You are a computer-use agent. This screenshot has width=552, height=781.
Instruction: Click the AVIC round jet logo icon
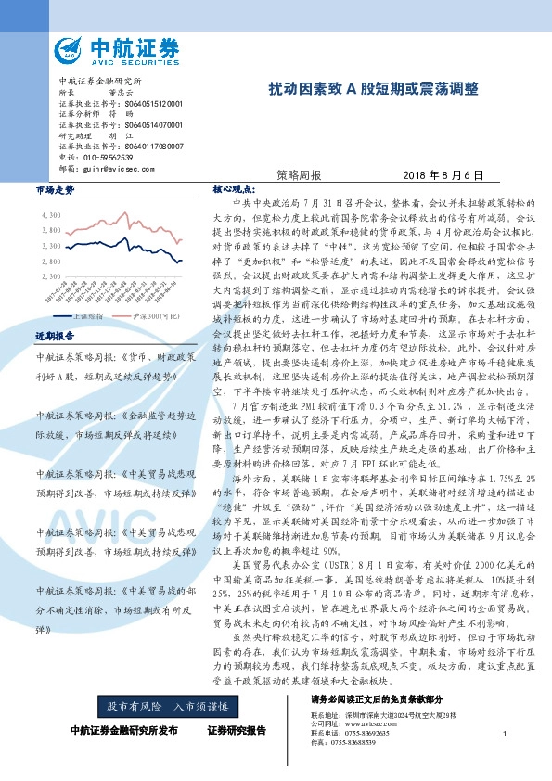pyautogui.click(x=71, y=51)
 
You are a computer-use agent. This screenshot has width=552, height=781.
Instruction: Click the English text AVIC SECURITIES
pyautogui.click(x=138, y=63)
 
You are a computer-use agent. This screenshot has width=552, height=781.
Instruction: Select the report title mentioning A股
pyautogui.click(x=374, y=89)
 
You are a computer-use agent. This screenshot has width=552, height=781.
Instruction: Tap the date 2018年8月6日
pyautogui.click(x=444, y=174)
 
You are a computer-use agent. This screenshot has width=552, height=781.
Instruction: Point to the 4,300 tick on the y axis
pyautogui.click(x=50, y=215)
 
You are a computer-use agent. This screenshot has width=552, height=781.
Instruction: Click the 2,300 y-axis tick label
pyautogui.click(x=50, y=276)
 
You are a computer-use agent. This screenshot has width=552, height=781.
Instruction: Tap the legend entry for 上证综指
pyautogui.click(x=81, y=316)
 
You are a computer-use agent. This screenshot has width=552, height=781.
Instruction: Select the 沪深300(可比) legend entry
pyautogui.click(x=150, y=316)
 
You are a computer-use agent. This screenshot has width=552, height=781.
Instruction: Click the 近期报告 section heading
pyautogui.click(x=54, y=335)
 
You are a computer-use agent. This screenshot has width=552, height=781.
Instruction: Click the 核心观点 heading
pyautogui.click(x=232, y=188)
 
